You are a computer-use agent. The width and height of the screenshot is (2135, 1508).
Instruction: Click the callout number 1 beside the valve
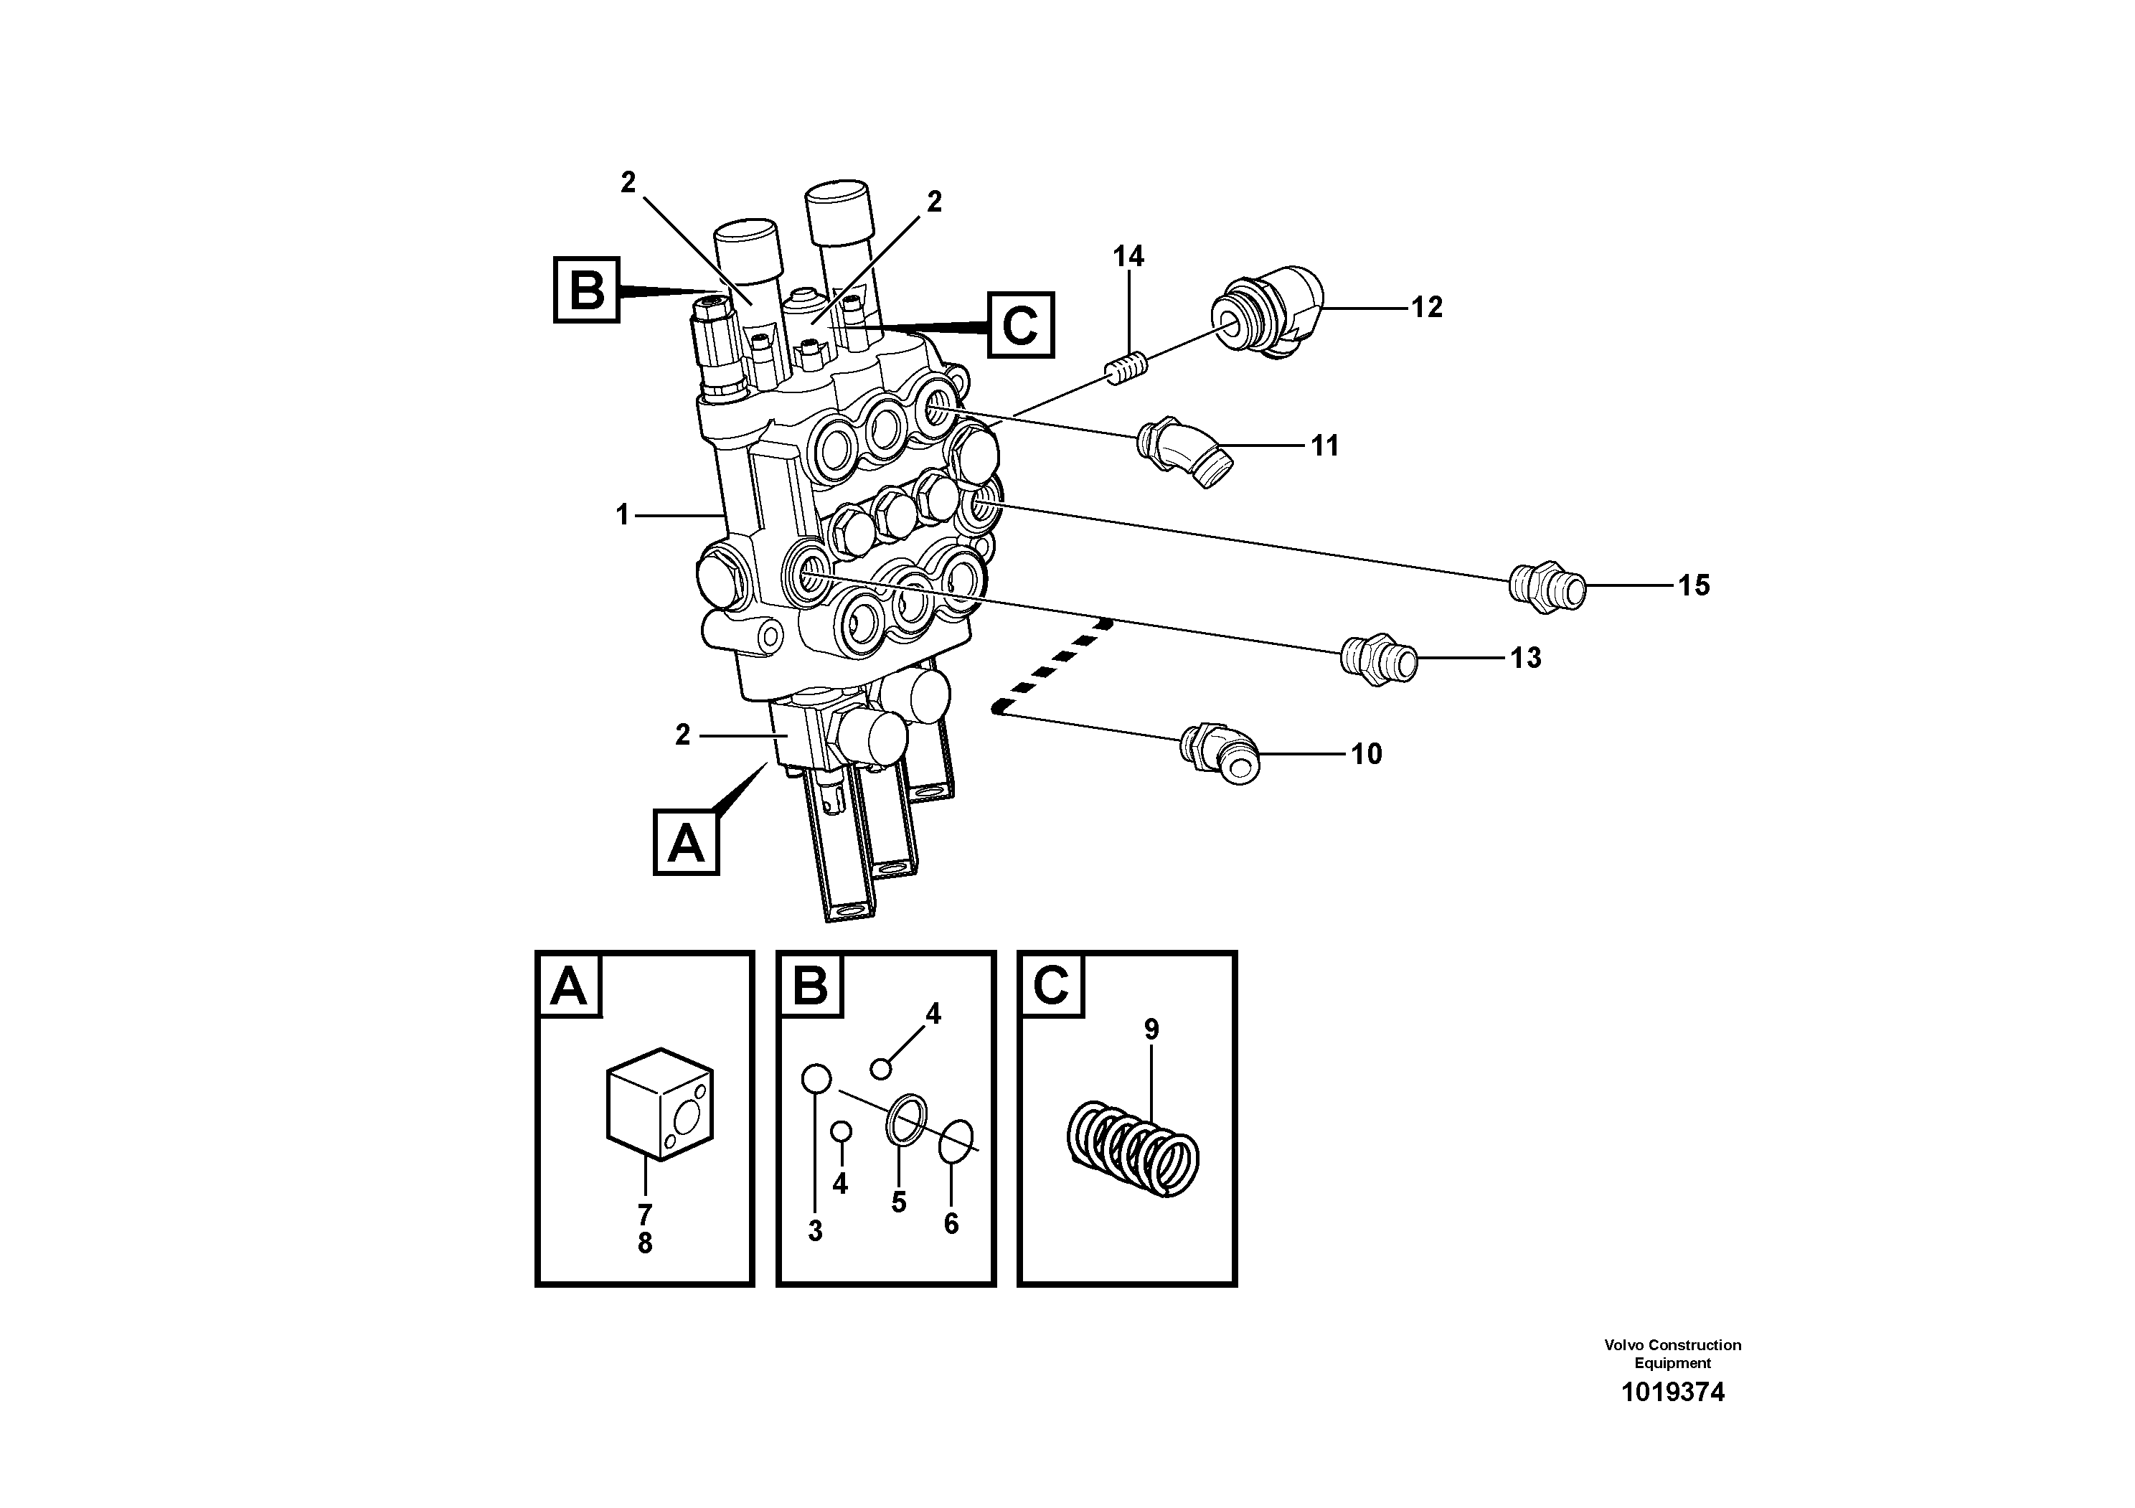(x=623, y=514)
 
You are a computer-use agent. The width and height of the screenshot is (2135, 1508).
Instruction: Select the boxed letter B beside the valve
(x=587, y=290)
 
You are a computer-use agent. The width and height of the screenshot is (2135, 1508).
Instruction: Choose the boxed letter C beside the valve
(x=1021, y=324)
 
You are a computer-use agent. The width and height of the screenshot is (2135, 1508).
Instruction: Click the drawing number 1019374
(x=1672, y=1418)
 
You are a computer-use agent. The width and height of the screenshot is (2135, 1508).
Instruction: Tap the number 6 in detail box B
(x=951, y=1223)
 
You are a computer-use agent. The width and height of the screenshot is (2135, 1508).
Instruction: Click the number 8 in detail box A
(x=644, y=1243)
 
